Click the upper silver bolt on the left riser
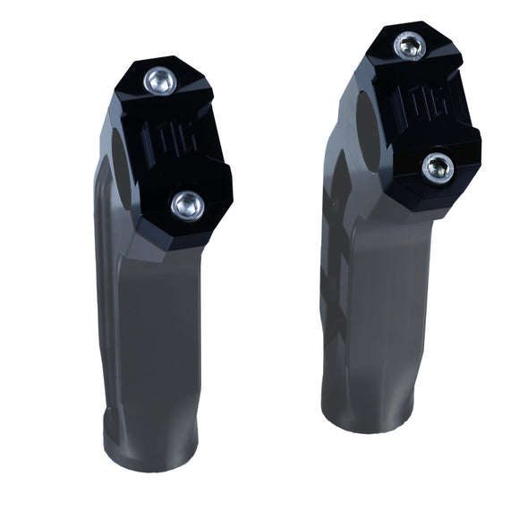161,81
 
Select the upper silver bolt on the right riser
410,45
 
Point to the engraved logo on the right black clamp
423,105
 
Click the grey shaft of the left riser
170,331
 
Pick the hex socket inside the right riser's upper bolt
410,45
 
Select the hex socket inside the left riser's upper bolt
161,81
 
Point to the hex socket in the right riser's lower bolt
438,166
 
